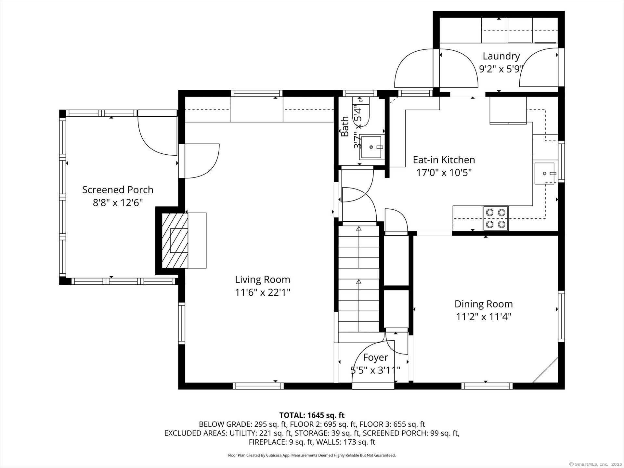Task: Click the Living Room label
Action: pyautogui.click(x=263, y=279)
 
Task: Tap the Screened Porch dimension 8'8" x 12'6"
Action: pyautogui.click(x=118, y=203)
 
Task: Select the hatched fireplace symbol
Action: pyautogui.click(x=175, y=240)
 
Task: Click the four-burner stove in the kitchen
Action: pyautogui.click(x=496, y=218)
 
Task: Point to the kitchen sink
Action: pyautogui.click(x=544, y=173)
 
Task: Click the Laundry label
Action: pyautogui.click(x=501, y=56)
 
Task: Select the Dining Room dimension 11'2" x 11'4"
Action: pyautogui.click(x=484, y=317)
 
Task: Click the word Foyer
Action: pyautogui.click(x=375, y=357)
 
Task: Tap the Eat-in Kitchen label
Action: pyautogui.click(x=444, y=160)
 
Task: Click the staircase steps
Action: pyautogui.click(x=359, y=279)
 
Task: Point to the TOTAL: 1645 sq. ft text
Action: pyautogui.click(x=312, y=415)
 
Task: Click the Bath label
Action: pyautogui.click(x=345, y=127)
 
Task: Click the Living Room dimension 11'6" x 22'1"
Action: pyautogui.click(x=263, y=292)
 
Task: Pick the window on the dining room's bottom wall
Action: pyautogui.click(x=487, y=386)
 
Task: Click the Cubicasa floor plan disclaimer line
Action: pyautogui.click(x=312, y=455)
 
